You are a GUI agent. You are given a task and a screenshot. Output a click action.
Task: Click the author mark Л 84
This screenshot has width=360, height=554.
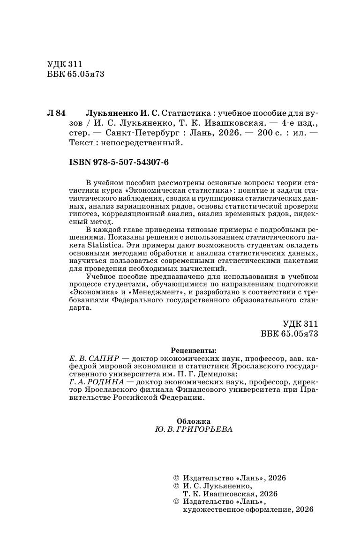pos(57,113)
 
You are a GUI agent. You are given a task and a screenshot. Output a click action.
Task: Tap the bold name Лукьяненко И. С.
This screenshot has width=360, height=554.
pos(122,113)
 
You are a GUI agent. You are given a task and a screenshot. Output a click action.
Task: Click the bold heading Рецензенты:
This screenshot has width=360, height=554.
pos(194,350)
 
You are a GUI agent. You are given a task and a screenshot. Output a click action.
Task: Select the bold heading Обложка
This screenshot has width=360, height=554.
pos(194,421)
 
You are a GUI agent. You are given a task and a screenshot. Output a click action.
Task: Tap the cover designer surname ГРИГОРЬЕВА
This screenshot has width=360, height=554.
pos(210,430)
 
